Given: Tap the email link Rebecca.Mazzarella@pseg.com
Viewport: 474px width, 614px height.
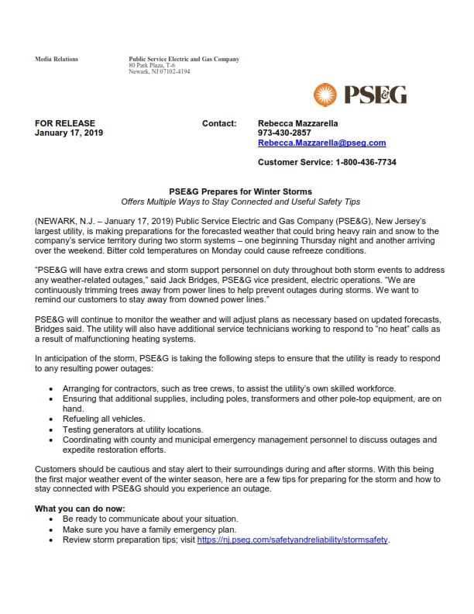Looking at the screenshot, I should pyautogui.click(x=321, y=143).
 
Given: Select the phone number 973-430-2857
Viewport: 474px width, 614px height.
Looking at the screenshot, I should pyautogui.click(x=284, y=133).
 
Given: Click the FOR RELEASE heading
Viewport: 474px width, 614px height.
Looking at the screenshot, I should pyautogui.click(x=65, y=123).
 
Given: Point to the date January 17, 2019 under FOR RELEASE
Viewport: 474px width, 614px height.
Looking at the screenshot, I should pyautogui.click(x=69, y=133).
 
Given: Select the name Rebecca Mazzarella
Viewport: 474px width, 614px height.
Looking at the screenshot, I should pyautogui.click(x=297, y=123).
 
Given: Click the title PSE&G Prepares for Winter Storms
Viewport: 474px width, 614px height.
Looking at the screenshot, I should pyautogui.click(x=241, y=191).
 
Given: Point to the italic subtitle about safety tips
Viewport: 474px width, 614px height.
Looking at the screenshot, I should pyautogui.click(x=241, y=202).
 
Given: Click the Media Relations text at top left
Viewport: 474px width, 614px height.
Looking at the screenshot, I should pyautogui.click(x=57, y=60).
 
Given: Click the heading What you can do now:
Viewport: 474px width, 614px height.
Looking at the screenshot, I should pyautogui.click(x=81, y=509).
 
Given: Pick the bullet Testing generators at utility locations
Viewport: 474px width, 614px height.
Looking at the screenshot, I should pyautogui.click(x=132, y=429).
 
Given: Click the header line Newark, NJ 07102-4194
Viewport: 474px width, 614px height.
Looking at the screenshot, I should pyautogui.click(x=160, y=72).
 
